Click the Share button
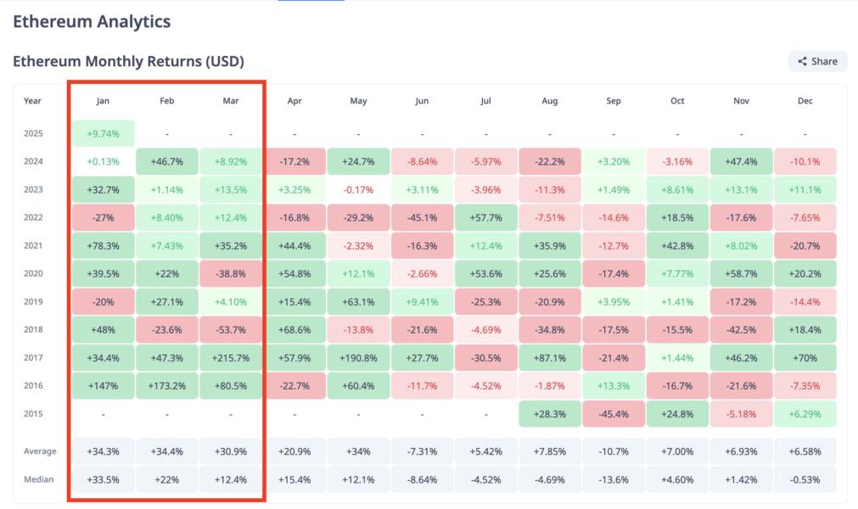tap(817, 61)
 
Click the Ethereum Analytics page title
tap(92, 22)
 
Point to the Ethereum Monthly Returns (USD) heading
tap(128, 61)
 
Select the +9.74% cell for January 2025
tap(103, 133)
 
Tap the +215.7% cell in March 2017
tap(230, 357)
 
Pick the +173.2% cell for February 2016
tap(166, 385)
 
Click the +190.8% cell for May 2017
tap(358, 357)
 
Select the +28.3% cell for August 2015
tap(549, 413)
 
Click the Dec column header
tap(805, 101)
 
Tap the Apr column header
tap(294, 101)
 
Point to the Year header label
tap(32, 101)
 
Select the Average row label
tap(39, 451)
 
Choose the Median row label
tap(38, 479)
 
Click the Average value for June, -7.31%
tap(422, 451)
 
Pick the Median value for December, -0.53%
tap(805, 479)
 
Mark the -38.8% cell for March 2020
tap(230, 273)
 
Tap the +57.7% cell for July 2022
tap(485, 217)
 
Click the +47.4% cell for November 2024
tap(741, 161)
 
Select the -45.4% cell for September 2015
tap(613, 413)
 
